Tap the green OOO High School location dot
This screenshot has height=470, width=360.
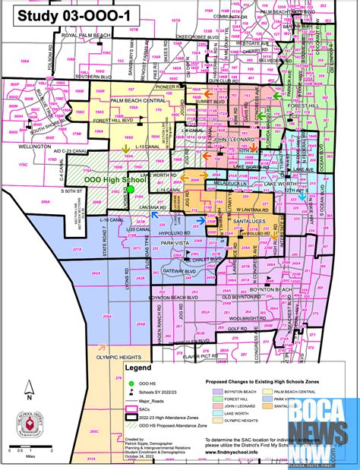pyautogui.click(x=130, y=189)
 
